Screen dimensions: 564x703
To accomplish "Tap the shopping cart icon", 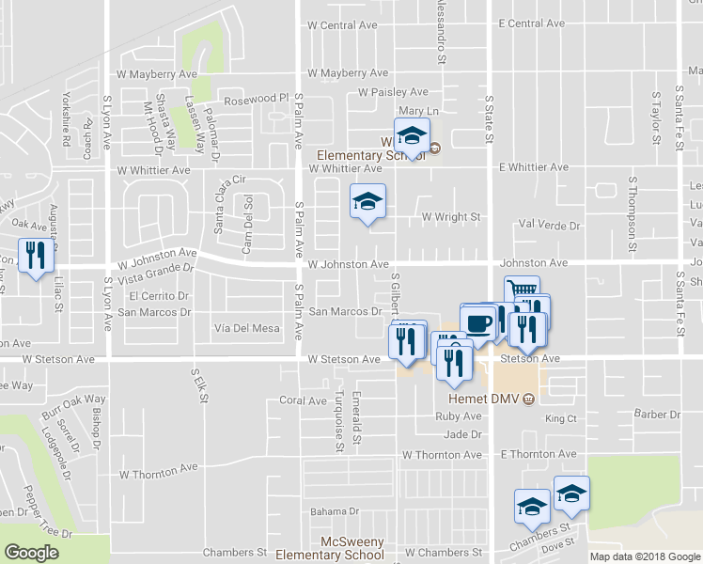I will coord(521,290).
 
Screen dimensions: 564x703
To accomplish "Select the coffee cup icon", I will coord(478,323).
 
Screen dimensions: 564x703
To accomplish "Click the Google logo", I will coord(32,552).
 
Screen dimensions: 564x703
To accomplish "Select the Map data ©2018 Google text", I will coord(644,556).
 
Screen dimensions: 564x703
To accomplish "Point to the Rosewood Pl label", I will coord(255,99).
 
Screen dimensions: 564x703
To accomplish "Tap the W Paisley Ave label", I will coord(394,92).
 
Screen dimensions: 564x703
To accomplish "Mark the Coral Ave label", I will coord(303,400).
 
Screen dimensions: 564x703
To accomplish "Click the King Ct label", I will coord(559,417).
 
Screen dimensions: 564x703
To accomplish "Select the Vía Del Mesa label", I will coord(247,328).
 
